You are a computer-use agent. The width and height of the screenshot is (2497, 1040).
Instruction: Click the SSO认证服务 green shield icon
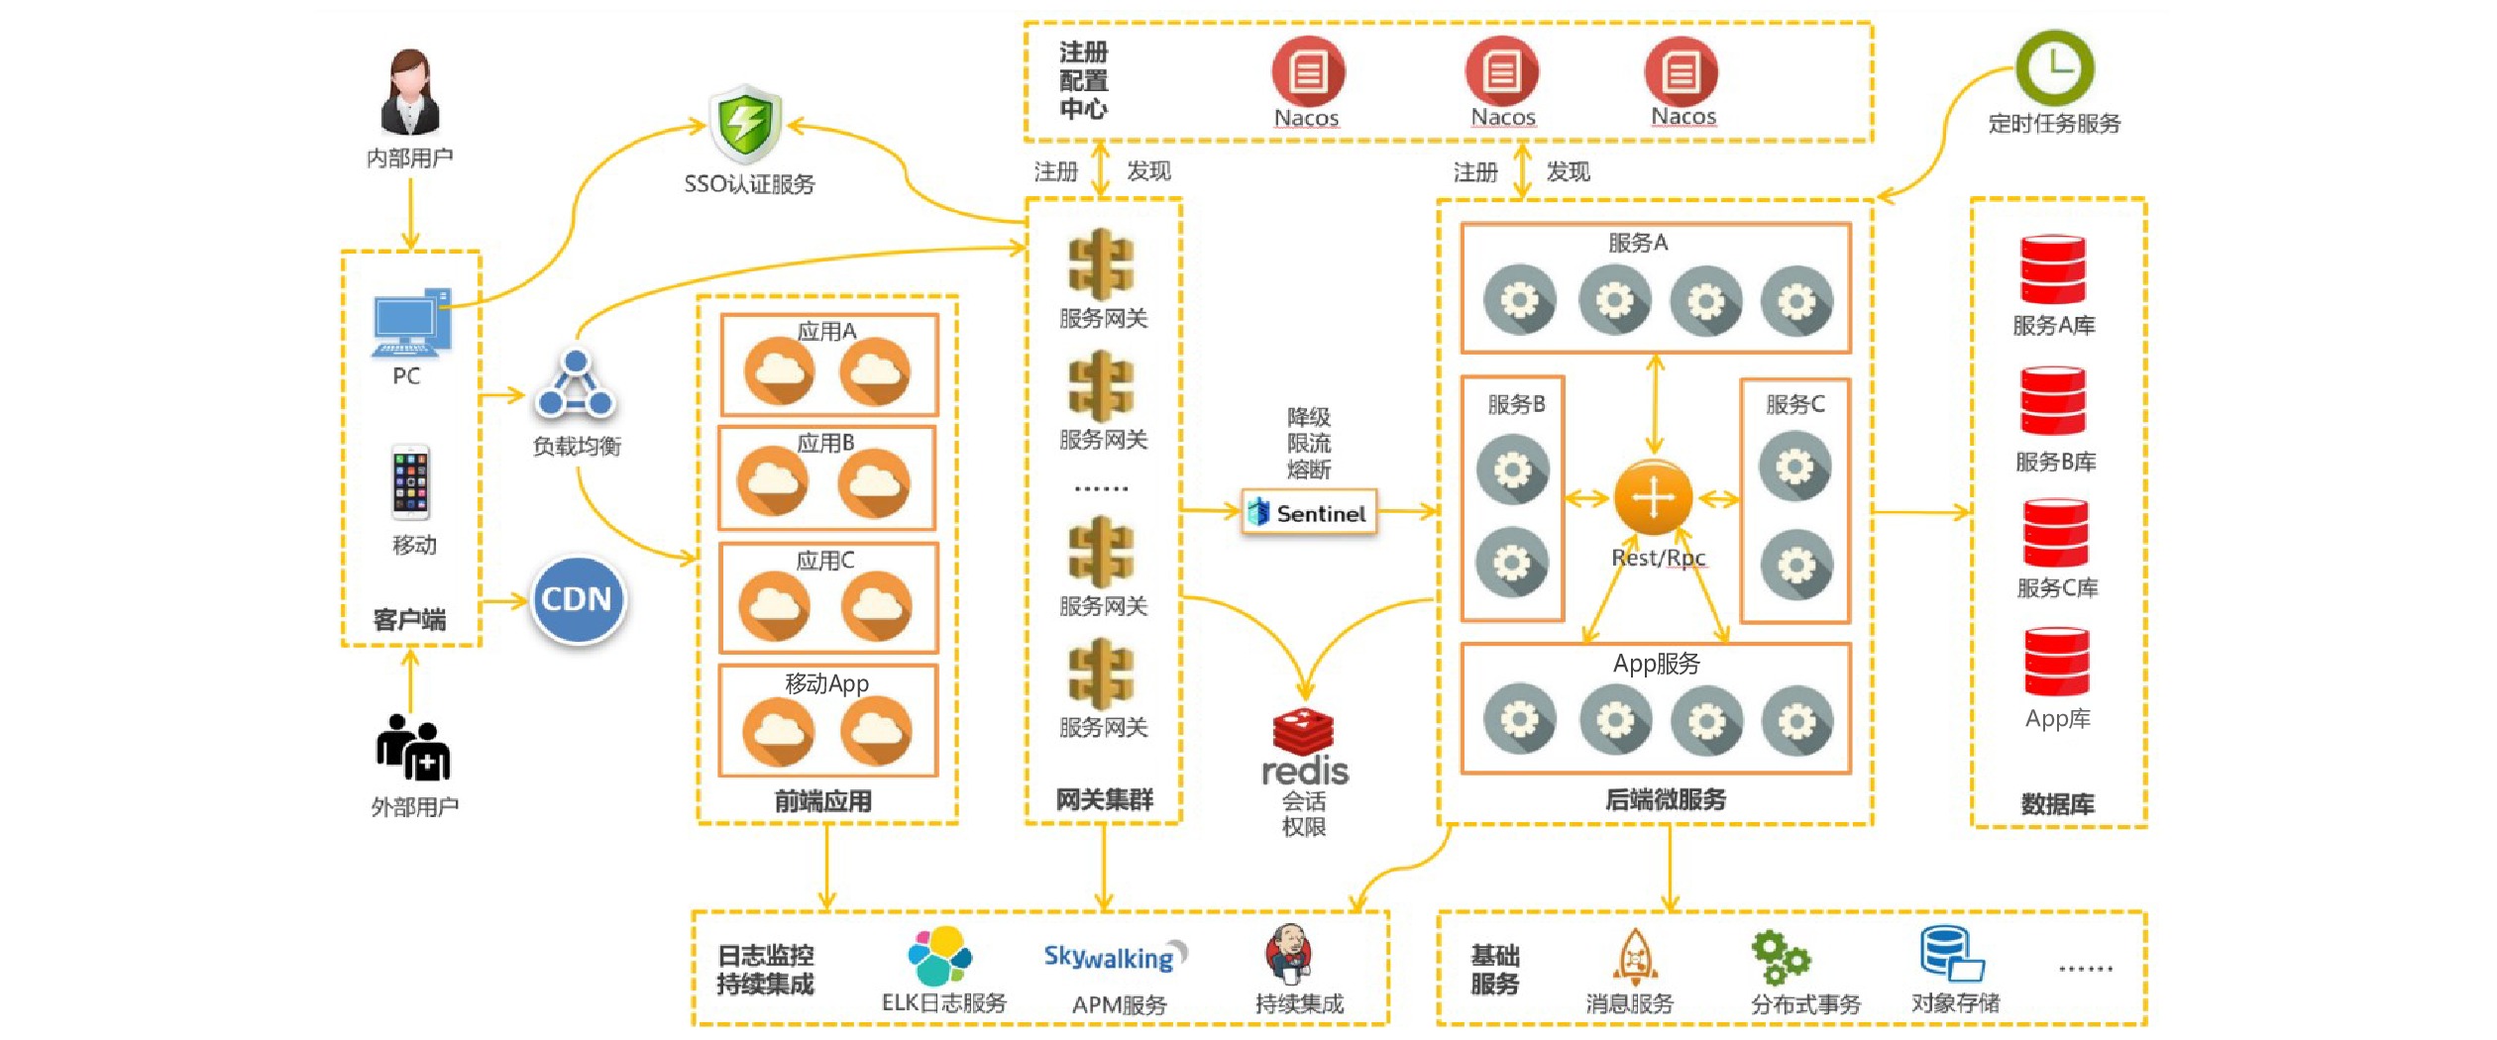tap(745, 125)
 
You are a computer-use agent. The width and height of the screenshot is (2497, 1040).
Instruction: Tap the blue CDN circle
tap(578, 599)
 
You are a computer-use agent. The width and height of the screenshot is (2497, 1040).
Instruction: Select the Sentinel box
tap(1309, 513)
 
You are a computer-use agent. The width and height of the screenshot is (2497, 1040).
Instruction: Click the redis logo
tap(1304, 749)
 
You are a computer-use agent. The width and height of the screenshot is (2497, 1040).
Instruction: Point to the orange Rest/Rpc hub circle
tap(1653, 497)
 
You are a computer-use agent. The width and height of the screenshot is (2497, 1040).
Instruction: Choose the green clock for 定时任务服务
tap(2055, 67)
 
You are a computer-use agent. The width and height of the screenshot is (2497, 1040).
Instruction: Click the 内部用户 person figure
tap(409, 93)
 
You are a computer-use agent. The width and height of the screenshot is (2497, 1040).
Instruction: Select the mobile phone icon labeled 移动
tap(410, 482)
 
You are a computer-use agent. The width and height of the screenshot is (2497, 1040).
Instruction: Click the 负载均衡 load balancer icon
tap(576, 385)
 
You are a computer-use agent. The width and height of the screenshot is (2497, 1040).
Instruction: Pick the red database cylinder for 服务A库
tap(2053, 269)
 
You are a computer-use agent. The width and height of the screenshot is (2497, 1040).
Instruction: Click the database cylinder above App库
tap(2057, 662)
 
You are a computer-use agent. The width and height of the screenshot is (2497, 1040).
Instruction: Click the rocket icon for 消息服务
tap(1634, 957)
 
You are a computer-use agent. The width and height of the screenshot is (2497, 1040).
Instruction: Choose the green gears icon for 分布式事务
tap(1780, 957)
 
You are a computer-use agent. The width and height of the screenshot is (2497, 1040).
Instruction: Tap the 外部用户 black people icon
tap(413, 749)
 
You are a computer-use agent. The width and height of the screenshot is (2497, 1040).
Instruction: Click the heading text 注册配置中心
tap(1083, 81)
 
